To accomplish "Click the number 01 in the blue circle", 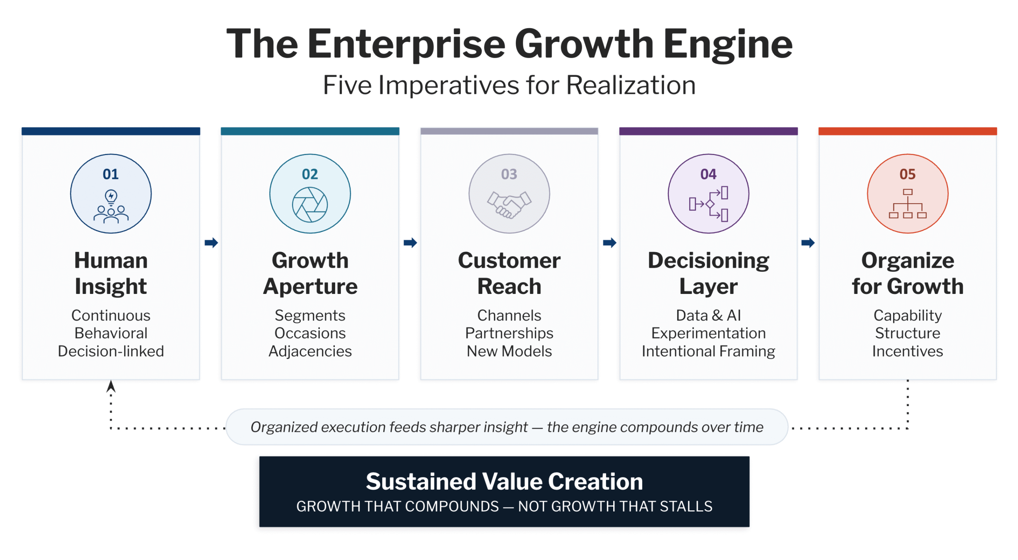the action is click(111, 174).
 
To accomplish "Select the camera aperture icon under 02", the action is click(310, 205).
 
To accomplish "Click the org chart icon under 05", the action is click(907, 204).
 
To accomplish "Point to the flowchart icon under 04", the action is click(708, 204).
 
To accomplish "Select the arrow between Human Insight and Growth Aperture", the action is click(211, 243).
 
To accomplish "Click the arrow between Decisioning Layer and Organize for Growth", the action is click(808, 243).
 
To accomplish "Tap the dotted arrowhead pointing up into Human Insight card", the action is click(111, 386).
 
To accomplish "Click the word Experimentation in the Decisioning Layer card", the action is click(708, 333).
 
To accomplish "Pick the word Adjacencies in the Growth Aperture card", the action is click(310, 352).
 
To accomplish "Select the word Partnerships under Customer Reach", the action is click(509, 333).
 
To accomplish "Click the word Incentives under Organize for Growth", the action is click(907, 351).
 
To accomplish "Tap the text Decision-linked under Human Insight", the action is click(111, 351).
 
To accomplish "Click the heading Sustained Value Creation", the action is click(504, 481).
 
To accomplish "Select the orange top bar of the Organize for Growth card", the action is click(907, 131).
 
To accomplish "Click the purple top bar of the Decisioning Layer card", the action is click(708, 131).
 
